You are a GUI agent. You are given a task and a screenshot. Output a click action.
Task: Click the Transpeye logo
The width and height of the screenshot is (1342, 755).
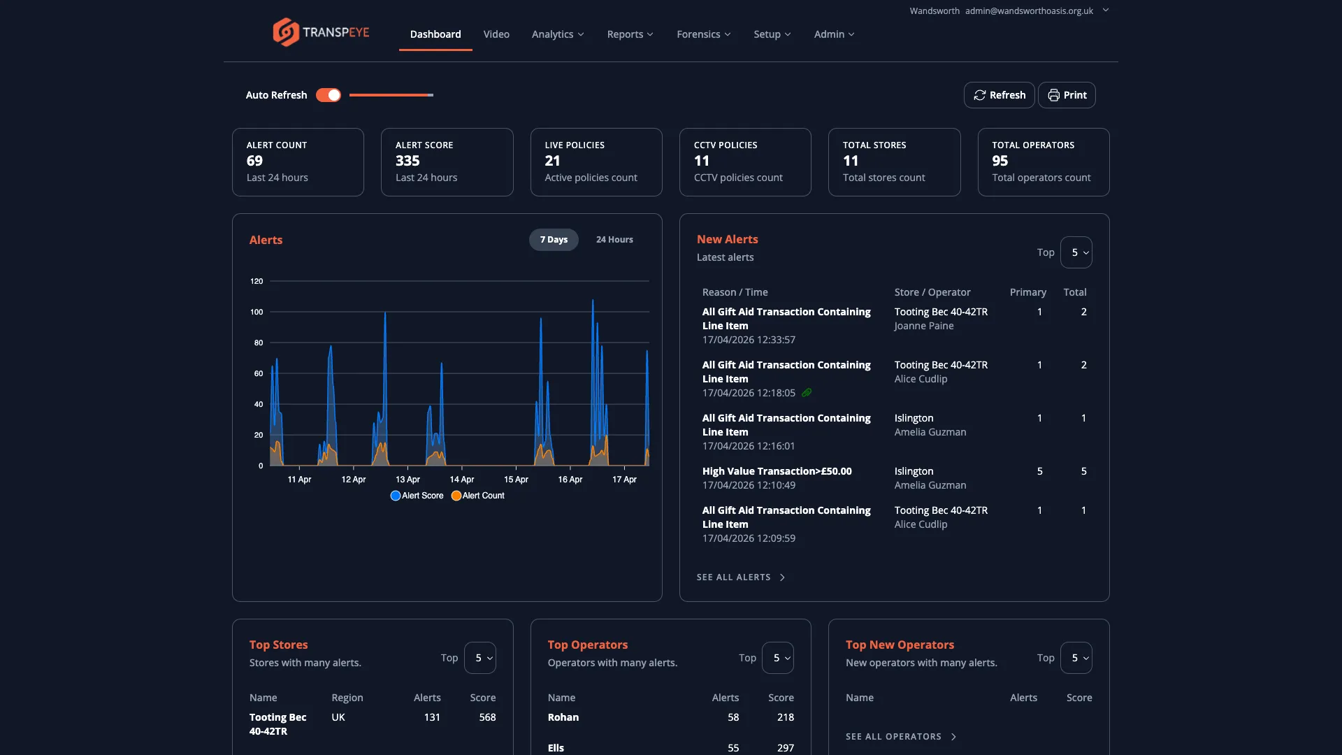pyautogui.click(x=321, y=32)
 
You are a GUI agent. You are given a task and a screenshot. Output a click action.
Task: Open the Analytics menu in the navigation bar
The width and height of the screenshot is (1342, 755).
pyautogui.click(x=557, y=34)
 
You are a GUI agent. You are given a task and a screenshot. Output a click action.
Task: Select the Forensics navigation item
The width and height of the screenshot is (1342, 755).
pyautogui.click(x=703, y=34)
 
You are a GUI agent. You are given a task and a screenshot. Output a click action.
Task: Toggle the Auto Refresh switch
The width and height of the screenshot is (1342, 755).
pyautogui.click(x=329, y=95)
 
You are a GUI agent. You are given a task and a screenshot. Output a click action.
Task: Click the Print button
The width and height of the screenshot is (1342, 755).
pyautogui.click(x=1067, y=95)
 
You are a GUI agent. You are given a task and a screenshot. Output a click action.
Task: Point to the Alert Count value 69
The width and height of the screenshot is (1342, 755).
pyautogui.click(x=254, y=161)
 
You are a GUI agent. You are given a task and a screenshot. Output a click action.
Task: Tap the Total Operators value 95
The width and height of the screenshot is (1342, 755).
pyautogui.click(x=1000, y=161)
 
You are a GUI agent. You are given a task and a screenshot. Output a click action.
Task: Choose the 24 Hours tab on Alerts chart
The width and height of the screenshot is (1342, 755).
pyautogui.click(x=614, y=240)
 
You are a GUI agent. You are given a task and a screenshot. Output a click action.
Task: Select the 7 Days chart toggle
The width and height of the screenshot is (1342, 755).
pyautogui.click(x=554, y=240)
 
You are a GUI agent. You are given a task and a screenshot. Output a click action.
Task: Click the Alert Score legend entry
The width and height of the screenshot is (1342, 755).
pyautogui.click(x=417, y=496)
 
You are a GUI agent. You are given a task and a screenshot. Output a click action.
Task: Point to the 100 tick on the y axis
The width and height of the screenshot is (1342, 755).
pyautogui.click(x=257, y=312)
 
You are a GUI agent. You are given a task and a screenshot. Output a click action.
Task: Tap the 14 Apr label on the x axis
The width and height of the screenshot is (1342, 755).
pyautogui.click(x=461, y=480)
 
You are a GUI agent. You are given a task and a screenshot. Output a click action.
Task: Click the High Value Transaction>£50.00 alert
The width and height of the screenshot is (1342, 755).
pyautogui.click(x=777, y=471)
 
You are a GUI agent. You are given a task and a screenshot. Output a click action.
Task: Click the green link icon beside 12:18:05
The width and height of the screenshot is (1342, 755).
pyautogui.click(x=807, y=393)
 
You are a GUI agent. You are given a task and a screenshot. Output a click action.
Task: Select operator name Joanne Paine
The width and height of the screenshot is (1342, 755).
pyautogui.click(x=923, y=326)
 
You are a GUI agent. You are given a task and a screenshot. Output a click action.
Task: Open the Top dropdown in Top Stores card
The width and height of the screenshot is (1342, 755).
pyautogui.click(x=480, y=658)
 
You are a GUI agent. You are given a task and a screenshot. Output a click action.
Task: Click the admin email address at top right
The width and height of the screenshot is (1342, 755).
pyautogui.click(x=1029, y=10)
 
